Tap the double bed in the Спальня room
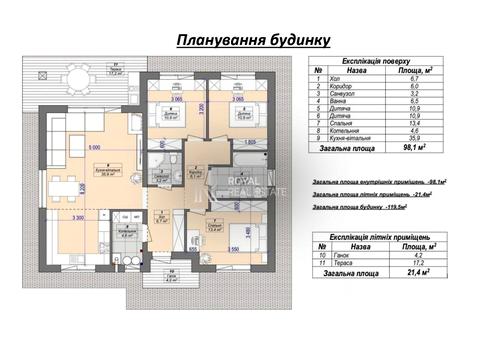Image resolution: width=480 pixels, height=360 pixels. [x=246, y=234]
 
